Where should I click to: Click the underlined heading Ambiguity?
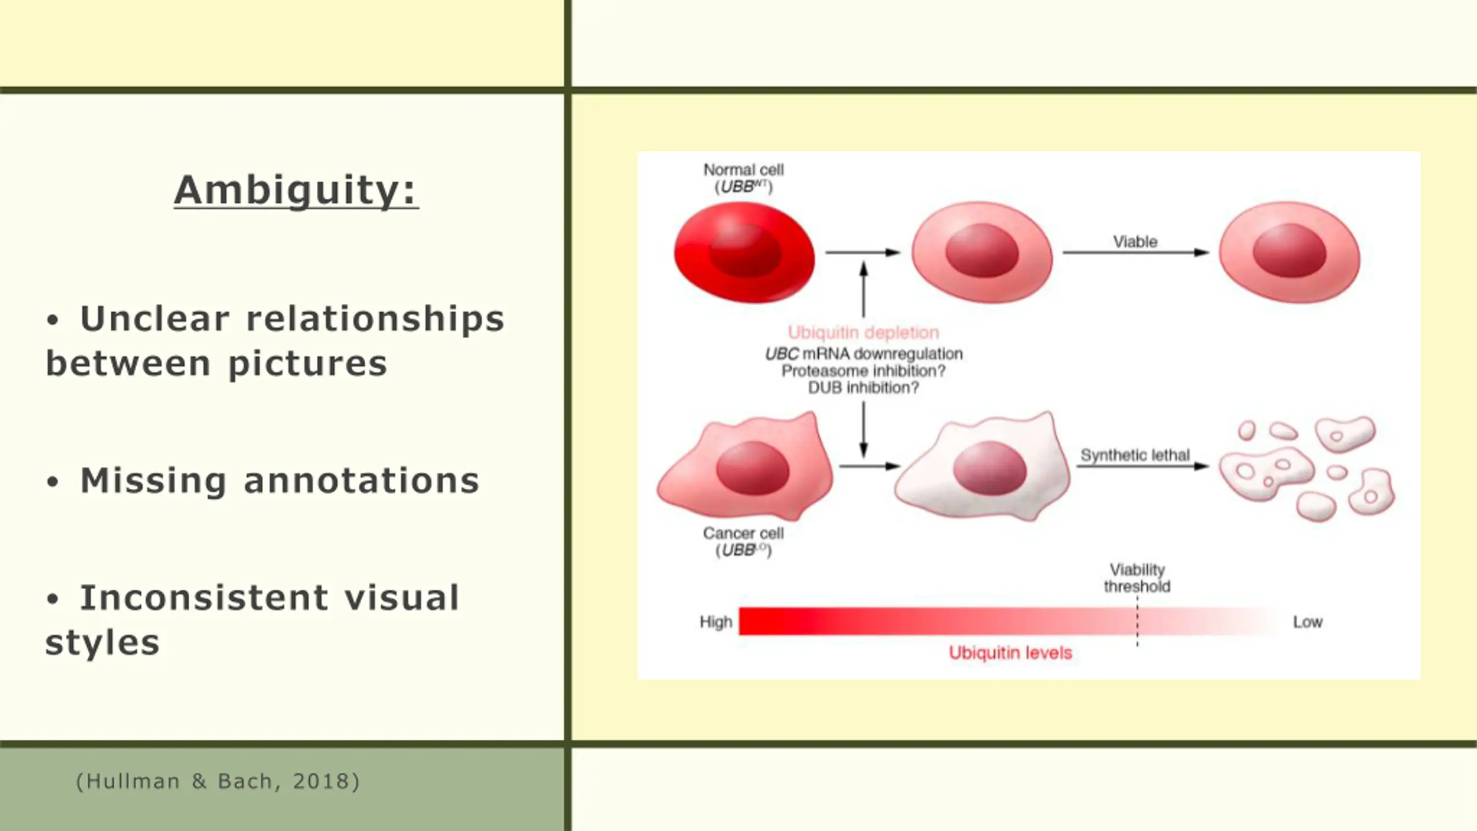click(296, 190)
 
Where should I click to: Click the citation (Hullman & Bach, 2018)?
click(218, 781)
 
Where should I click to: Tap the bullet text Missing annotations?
click(280, 481)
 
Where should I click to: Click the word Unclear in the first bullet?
click(155, 319)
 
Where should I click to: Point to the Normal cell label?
click(743, 170)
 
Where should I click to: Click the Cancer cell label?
click(743, 533)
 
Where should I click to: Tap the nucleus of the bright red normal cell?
click(744, 252)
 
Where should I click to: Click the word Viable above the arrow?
click(1135, 242)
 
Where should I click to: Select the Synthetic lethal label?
click(1135, 455)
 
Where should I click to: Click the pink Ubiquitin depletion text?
click(863, 332)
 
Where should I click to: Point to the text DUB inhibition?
click(863, 388)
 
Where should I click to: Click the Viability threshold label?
click(1137, 578)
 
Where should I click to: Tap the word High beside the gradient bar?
click(715, 622)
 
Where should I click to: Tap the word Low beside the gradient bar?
click(1307, 622)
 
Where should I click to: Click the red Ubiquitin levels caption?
click(1010, 653)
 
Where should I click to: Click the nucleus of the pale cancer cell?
click(989, 469)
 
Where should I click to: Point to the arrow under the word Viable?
click(1135, 253)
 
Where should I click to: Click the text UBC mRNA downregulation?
click(863, 354)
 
